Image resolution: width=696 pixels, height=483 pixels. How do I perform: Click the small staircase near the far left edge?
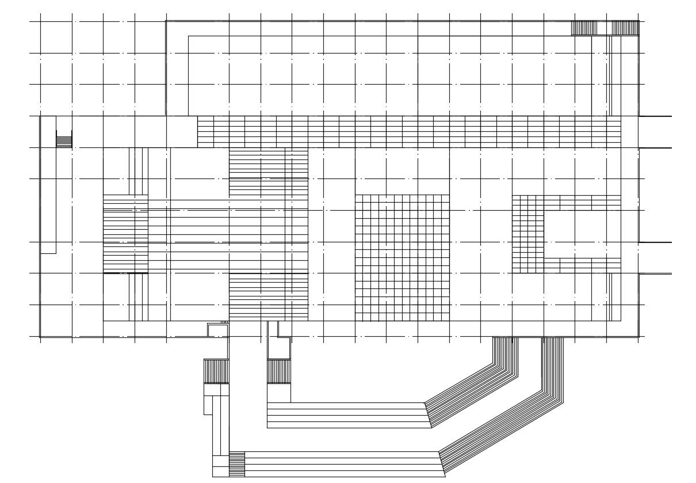click(x=64, y=139)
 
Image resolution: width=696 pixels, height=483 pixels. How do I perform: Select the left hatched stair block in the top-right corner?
click(x=584, y=28)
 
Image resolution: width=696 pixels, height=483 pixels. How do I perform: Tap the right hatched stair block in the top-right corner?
click(x=625, y=28)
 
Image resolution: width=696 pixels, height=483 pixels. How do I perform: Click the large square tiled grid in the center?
click(x=402, y=257)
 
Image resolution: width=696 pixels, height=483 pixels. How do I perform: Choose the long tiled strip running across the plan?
click(x=409, y=131)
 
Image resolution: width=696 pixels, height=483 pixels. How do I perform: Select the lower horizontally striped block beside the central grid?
click(x=268, y=296)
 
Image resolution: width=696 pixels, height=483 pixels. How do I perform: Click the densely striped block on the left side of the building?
click(x=125, y=234)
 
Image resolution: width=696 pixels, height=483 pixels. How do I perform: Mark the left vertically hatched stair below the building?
click(x=216, y=371)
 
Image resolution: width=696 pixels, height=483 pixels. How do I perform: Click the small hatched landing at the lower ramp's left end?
click(x=237, y=464)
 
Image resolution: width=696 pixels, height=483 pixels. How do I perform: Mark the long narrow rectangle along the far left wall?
click(x=48, y=184)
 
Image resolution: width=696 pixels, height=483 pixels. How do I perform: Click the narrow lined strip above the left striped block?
click(x=139, y=171)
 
